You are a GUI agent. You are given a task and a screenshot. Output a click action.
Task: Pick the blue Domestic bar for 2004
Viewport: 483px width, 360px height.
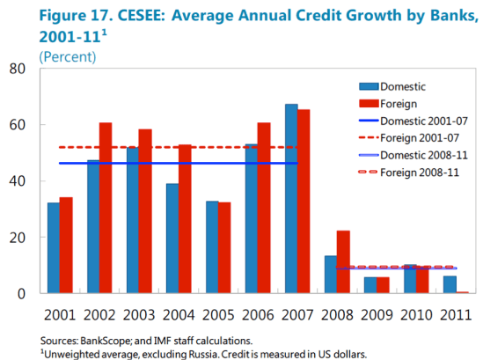click(x=172, y=238)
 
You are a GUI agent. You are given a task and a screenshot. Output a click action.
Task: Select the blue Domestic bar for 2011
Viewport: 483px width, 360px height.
click(x=449, y=283)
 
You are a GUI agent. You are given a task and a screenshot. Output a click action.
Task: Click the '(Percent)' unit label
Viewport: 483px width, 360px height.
click(x=68, y=56)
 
